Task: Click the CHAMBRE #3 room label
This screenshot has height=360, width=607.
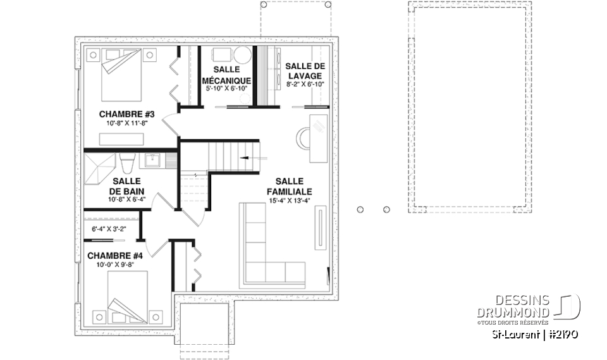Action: pyautogui.click(x=127, y=114)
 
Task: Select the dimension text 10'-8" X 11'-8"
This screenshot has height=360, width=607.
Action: pyautogui.click(x=127, y=123)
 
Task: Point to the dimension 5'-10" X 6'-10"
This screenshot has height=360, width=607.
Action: pyautogui.click(x=227, y=89)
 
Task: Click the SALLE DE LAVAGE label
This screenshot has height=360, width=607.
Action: pyautogui.click(x=305, y=71)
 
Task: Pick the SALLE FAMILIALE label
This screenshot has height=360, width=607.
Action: pyautogui.click(x=290, y=185)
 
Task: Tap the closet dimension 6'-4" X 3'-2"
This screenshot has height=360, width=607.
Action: pyautogui.click(x=109, y=229)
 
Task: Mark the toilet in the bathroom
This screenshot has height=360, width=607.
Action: pyautogui.click(x=125, y=164)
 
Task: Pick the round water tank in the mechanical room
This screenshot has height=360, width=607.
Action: pyautogui.click(x=243, y=55)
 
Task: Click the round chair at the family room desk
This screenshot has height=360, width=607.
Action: pyautogui.click(x=302, y=137)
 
